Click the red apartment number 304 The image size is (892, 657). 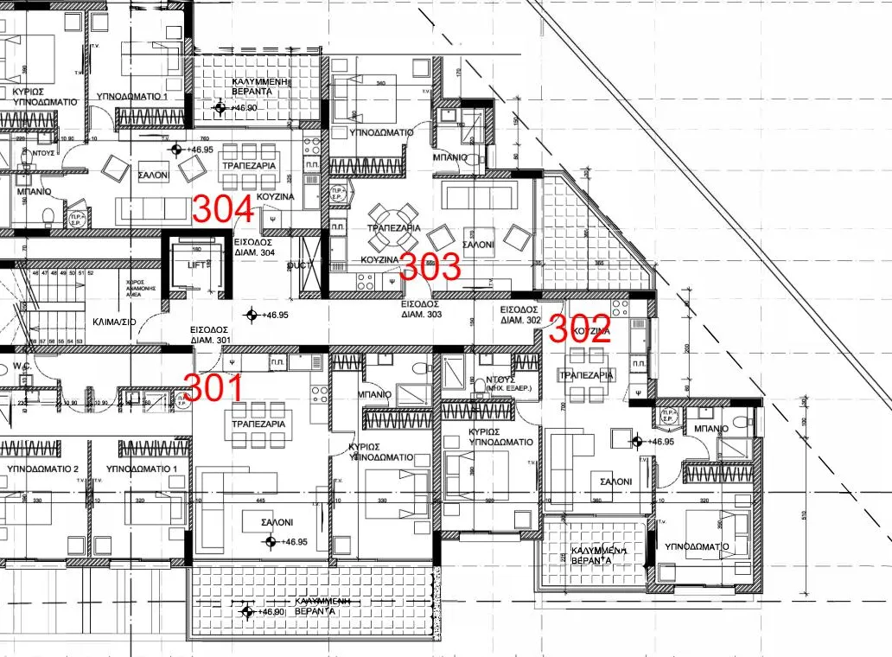(x=222, y=209)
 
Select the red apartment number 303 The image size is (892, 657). (x=430, y=267)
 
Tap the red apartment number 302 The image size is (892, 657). (x=581, y=328)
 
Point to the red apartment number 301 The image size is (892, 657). (x=213, y=389)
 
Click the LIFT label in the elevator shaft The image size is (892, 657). (x=198, y=265)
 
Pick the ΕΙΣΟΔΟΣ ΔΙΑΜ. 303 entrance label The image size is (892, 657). (x=421, y=309)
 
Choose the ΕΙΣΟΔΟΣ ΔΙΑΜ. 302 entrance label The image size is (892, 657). (x=520, y=315)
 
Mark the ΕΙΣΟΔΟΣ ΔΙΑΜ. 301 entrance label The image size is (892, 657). (x=210, y=335)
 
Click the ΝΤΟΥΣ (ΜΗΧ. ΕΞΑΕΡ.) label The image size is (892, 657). (x=500, y=385)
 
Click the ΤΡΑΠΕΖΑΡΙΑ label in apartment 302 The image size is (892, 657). (x=586, y=376)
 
